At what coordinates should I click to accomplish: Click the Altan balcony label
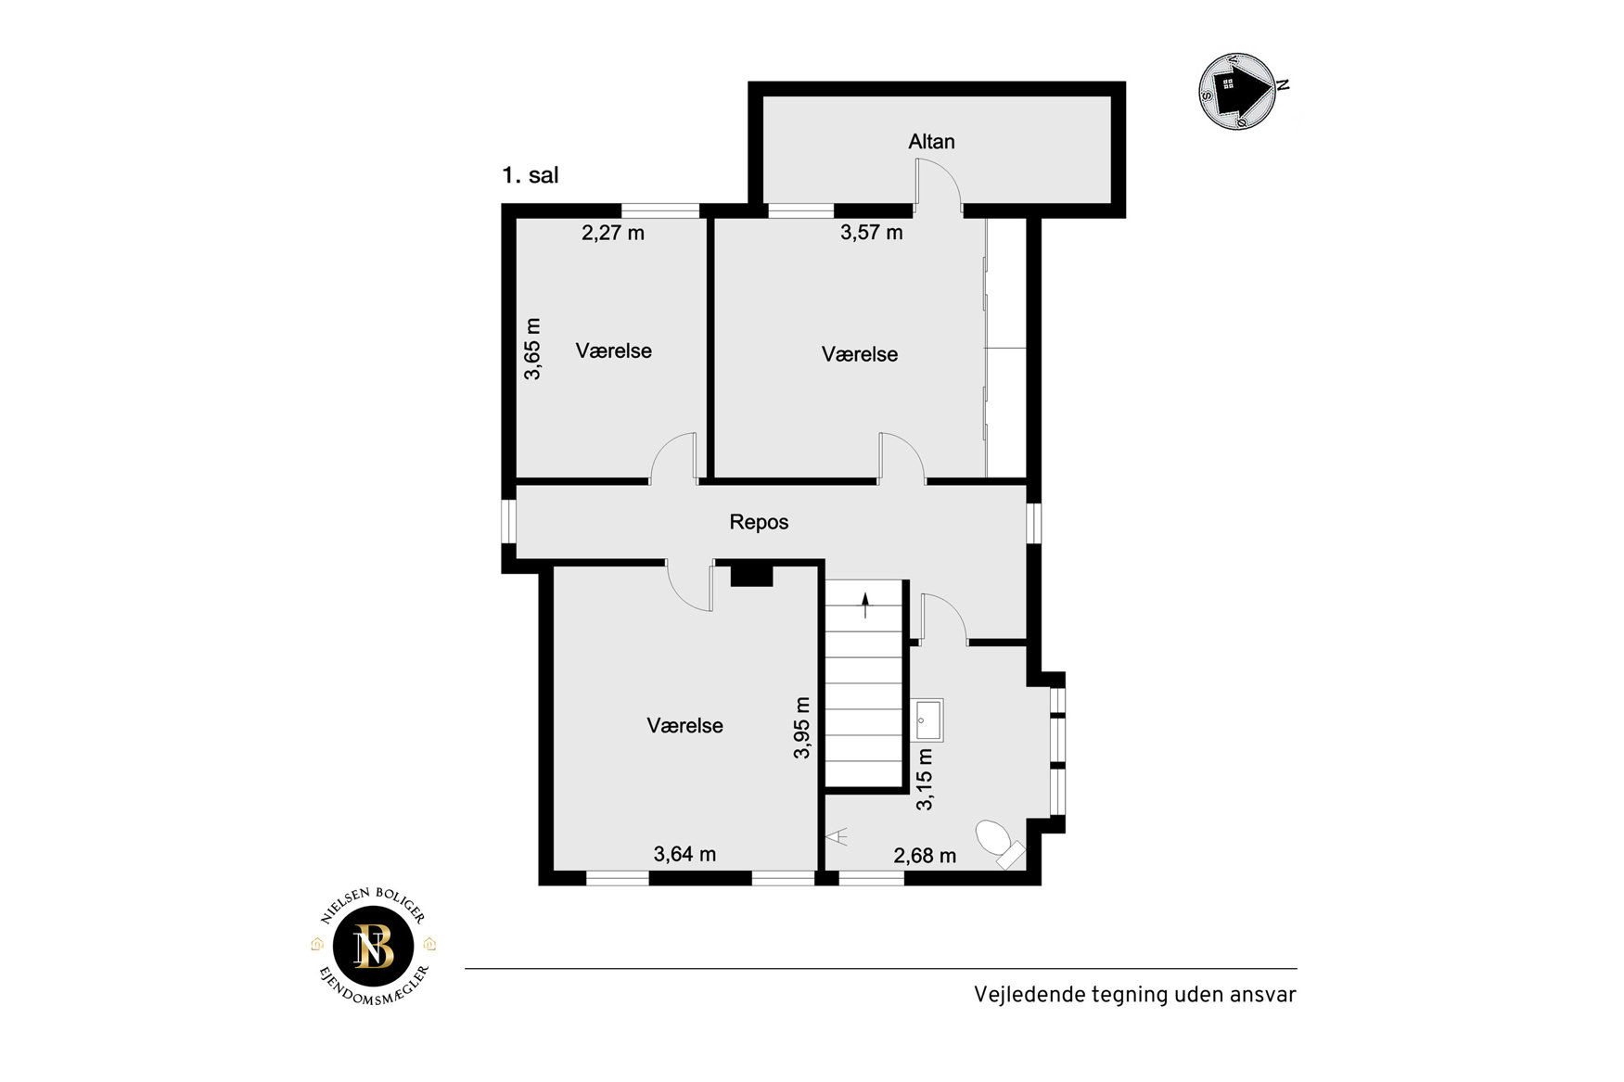(x=931, y=142)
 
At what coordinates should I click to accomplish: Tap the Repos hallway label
(x=759, y=522)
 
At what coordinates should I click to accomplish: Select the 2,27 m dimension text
(x=613, y=233)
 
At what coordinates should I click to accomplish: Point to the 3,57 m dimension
(x=872, y=233)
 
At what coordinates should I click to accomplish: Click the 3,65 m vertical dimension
(x=532, y=349)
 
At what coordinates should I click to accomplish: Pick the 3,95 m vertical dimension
(x=802, y=728)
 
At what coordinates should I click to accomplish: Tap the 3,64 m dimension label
(x=684, y=854)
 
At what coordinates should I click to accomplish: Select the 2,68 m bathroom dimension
(x=925, y=856)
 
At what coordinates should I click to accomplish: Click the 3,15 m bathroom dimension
(x=925, y=780)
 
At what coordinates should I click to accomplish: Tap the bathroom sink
(x=927, y=720)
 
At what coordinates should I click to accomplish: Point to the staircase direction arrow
(x=865, y=605)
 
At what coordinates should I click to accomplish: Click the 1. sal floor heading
(x=531, y=175)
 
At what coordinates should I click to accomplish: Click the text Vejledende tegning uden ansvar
(x=1134, y=995)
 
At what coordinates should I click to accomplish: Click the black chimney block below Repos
(x=751, y=576)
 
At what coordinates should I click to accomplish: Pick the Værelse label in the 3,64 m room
(x=684, y=726)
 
